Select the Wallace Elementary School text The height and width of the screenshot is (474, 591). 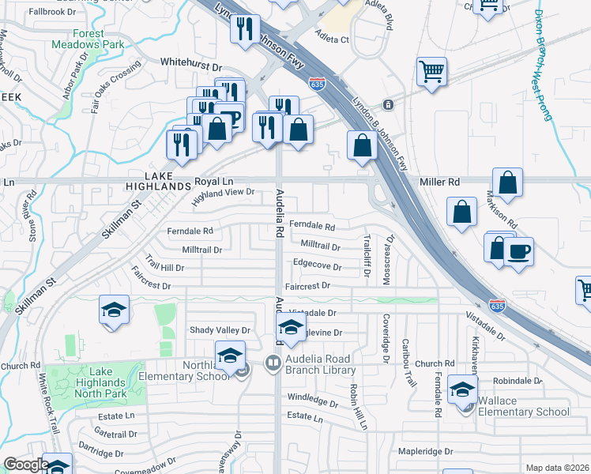[525, 406]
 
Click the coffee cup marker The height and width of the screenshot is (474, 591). [518, 253]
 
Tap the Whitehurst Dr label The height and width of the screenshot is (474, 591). [191, 61]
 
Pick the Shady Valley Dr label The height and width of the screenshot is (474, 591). [219, 330]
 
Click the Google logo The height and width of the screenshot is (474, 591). [26, 465]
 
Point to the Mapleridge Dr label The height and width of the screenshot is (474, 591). [426, 452]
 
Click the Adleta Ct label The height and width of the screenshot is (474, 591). [332, 37]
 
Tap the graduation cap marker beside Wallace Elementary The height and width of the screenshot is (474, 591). [462, 389]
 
